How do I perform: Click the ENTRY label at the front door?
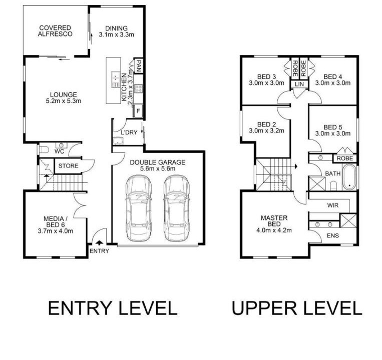[99, 251]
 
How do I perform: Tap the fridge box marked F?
[138, 111]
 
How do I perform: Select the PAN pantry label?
[138, 66]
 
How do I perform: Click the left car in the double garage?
[138, 208]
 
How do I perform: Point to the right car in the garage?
[176, 208]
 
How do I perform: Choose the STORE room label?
[68, 166]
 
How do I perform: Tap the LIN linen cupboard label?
[299, 84]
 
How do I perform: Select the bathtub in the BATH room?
[349, 177]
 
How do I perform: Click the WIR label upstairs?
[333, 205]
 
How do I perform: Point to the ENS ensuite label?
[333, 235]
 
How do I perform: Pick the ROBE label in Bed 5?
[345, 158]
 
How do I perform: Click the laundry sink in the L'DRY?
[118, 141]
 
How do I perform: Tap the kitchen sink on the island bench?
[116, 79]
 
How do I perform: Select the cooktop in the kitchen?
[138, 88]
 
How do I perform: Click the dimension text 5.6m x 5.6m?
[158, 168]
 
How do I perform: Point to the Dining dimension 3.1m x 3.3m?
[117, 34]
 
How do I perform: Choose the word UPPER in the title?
[264, 308]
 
